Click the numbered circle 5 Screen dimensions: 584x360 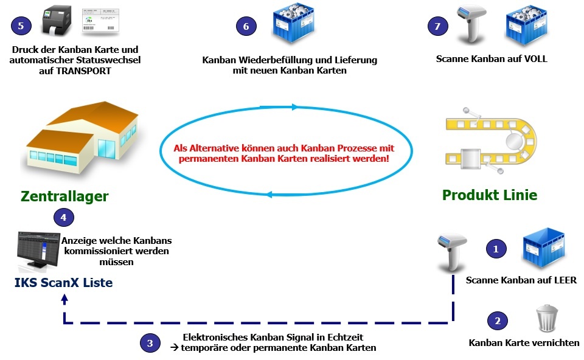[x=21, y=26]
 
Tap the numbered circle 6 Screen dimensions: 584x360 [x=246, y=26]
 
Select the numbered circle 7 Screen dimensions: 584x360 [x=437, y=26]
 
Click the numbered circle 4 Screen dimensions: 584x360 [x=64, y=218]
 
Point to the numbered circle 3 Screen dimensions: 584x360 [x=150, y=343]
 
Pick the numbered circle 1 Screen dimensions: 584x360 [x=496, y=249]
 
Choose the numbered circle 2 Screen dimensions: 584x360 [x=498, y=320]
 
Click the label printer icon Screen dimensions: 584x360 [x=56, y=21]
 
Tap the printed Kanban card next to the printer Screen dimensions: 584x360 [x=100, y=22]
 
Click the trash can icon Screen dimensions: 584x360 [x=547, y=318]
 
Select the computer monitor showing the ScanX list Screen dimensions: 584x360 [x=38, y=251]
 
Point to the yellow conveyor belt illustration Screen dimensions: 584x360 [x=491, y=141]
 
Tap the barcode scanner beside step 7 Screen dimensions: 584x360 [x=471, y=23]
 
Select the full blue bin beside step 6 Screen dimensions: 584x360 [x=293, y=22]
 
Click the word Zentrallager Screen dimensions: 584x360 [x=65, y=196]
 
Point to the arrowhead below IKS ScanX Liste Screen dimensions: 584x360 [x=65, y=299]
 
